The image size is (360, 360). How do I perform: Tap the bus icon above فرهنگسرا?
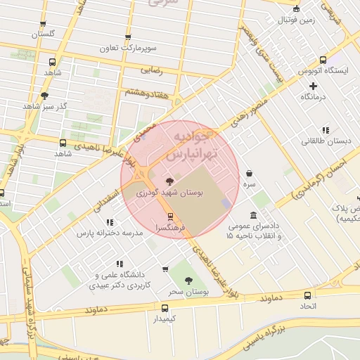[169, 216]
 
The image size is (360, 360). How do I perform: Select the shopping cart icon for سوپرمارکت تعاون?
[127, 37]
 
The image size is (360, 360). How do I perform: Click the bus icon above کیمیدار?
[165, 307]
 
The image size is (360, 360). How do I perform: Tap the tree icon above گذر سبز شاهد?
[44, 95]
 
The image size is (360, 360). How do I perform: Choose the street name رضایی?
[152, 70]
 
